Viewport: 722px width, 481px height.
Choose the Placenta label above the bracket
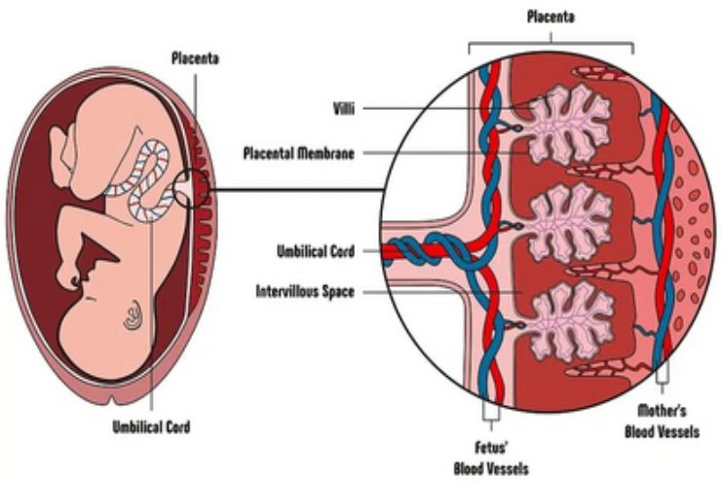pyautogui.click(x=551, y=17)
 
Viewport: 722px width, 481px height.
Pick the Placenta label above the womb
pyautogui.click(x=195, y=58)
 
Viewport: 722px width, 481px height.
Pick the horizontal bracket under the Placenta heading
pyautogui.click(x=551, y=44)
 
